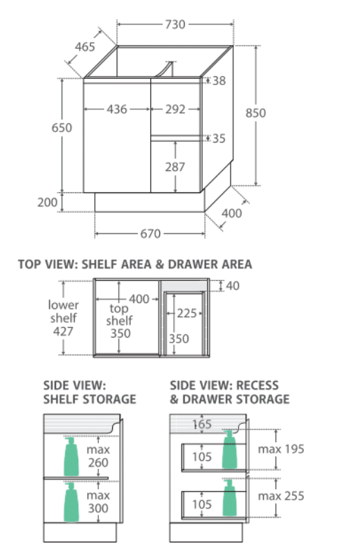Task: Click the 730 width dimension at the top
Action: pyautogui.click(x=175, y=25)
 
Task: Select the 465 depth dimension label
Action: pyautogui.click(x=85, y=47)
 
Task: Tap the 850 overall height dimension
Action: pyautogui.click(x=256, y=113)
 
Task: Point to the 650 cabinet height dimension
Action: pyautogui.click(x=62, y=127)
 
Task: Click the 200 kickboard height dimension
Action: pyautogui.click(x=48, y=203)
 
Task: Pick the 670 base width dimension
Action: pyautogui.click(x=150, y=234)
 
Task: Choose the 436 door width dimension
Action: pyautogui.click(x=117, y=109)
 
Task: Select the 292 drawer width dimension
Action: pyautogui.click(x=175, y=109)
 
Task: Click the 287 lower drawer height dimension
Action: pyautogui.click(x=175, y=167)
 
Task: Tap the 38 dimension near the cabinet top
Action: pyautogui.click(x=219, y=81)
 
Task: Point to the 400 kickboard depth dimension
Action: pyautogui.click(x=231, y=214)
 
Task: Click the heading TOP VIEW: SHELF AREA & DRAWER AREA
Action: pyautogui.click(x=135, y=264)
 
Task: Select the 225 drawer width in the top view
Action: pyautogui.click(x=187, y=313)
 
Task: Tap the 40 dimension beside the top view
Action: pyautogui.click(x=233, y=286)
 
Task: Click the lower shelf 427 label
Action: pyautogui.click(x=63, y=318)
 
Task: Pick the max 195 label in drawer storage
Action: pyautogui.click(x=281, y=449)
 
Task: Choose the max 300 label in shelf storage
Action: pyautogui.click(x=98, y=502)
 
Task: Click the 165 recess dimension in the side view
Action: pyautogui.click(x=202, y=424)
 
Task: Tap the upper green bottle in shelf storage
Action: pyautogui.click(x=71, y=457)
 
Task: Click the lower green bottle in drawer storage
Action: pyautogui.click(x=229, y=497)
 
